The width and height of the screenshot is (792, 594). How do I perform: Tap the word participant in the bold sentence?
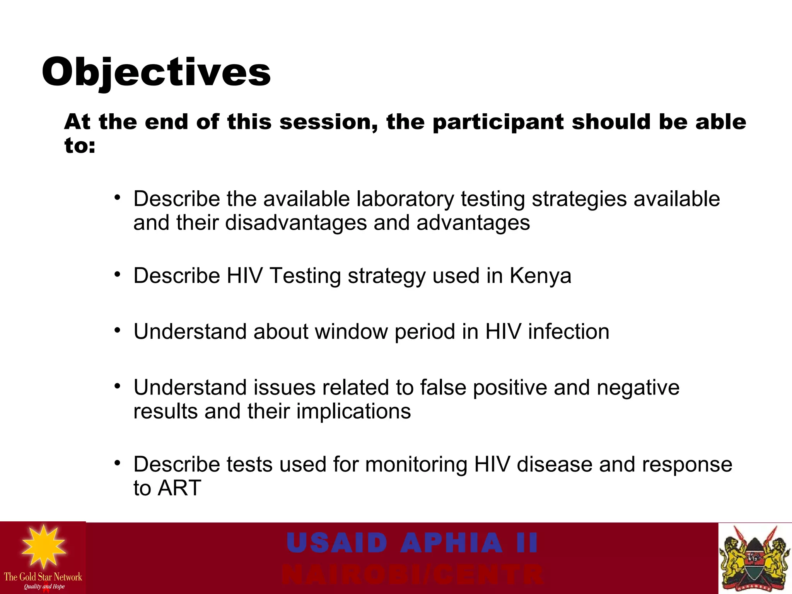pyautogui.click(x=498, y=123)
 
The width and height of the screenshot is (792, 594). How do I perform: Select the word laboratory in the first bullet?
pyautogui.click(x=405, y=199)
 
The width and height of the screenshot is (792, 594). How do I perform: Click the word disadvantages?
pyautogui.click(x=296, y=223)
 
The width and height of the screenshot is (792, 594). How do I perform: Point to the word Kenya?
pyautogui.click(x=540, y=276)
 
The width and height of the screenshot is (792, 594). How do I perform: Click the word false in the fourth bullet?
pyautogui.click(x=443, y=387)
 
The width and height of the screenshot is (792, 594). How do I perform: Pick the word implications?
pyautogui.click(x=353, y=411)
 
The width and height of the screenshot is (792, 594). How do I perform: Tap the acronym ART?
pyautogui.click(x=179, y=488)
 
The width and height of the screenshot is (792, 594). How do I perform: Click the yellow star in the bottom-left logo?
pyautogui.click(x=43, y=546)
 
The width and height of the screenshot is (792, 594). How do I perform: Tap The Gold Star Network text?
pyautogui.click(x=43, y=577)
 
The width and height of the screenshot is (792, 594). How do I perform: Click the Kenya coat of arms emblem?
pyautogui.click(x=754, y=558)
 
